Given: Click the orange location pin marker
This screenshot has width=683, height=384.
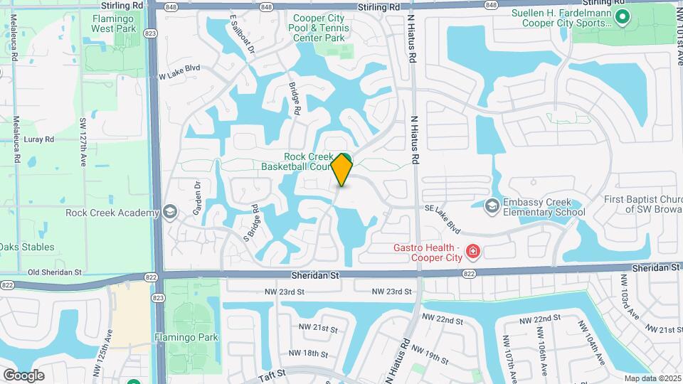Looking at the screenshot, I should tap(342, 169).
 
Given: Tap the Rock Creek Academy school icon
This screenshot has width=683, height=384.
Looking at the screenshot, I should tap(170, 212).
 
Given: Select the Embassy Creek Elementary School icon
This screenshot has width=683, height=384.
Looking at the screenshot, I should tap(492, 206).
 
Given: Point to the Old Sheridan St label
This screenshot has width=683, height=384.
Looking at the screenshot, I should tap(55, 272).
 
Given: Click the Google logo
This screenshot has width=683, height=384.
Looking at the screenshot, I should tap(23, 375).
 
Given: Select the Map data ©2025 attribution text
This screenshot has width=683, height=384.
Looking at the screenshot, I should tap(652, 378).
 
